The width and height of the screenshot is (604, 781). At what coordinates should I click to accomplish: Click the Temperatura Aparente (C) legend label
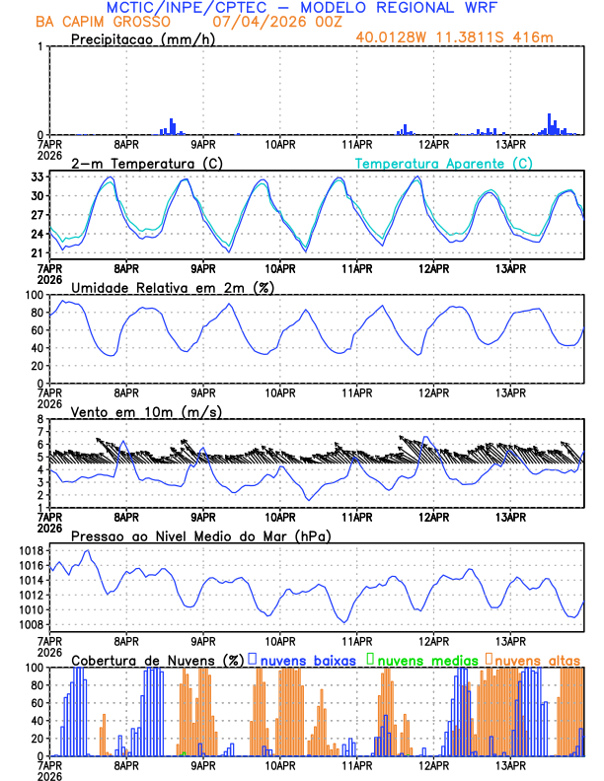pyautogui.click(x=444, y=163)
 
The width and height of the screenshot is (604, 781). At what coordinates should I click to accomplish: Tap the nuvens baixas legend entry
pyautogui.click(x=306, y=659)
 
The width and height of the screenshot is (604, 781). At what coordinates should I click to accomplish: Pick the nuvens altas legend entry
pyautogui.click(x=537, y=659)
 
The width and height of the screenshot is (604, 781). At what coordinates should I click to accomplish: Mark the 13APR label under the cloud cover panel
pyautogui.click(x=510, y=765)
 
